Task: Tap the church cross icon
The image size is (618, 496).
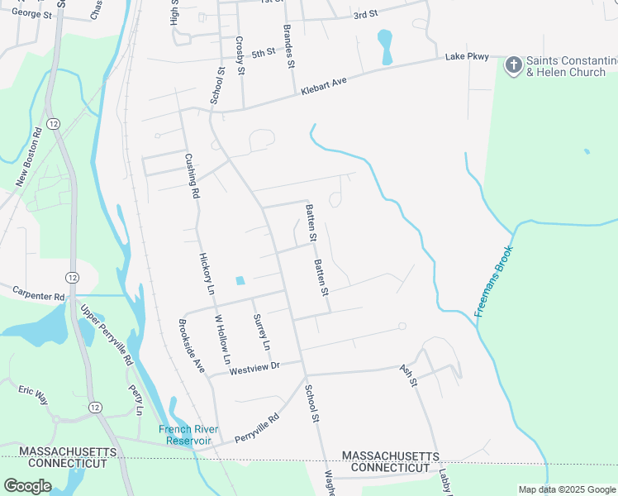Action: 513,64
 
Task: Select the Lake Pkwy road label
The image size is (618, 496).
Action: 467,57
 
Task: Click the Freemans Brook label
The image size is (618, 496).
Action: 494,281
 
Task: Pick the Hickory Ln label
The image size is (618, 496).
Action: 207,274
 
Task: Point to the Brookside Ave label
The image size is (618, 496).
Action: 192,346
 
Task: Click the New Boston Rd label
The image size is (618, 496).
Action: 28,157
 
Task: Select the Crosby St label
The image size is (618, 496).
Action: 240,55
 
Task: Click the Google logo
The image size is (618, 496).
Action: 27,485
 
